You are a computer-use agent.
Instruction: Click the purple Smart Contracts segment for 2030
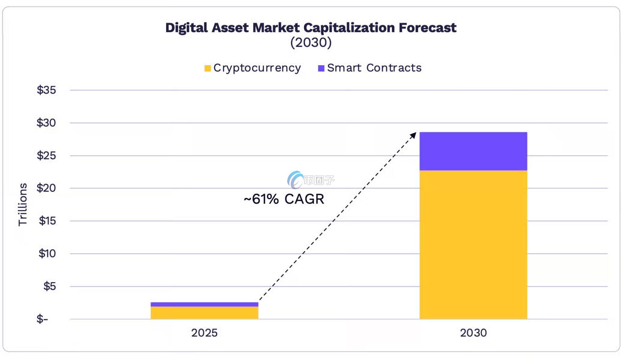[x=473, y=151]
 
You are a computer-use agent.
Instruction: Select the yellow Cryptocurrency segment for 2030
[x=473, y=245]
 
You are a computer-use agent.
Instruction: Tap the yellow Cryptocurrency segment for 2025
[x=204, y=313]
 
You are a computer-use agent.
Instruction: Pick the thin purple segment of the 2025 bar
[x=204, y=304]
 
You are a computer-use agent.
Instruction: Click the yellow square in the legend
[x=208, y=68]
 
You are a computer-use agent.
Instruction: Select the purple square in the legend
[x=321, y=68]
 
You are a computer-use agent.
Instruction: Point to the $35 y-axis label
[x=46, y=90]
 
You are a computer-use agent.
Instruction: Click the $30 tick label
[x=46, y=123]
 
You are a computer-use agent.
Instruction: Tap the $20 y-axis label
[x=46, y=188]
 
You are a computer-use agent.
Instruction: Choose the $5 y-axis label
[x=49, y=286]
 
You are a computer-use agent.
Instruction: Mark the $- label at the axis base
[x=42, y=319]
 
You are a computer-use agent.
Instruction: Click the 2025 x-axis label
[x=204, y=333]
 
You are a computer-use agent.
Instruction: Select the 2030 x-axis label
[x=473, y=333]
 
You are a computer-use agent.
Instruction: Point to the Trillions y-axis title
[x=22, y=205]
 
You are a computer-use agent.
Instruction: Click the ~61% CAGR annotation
[x=284, y=199]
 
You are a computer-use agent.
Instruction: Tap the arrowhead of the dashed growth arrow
[x=413, y=135]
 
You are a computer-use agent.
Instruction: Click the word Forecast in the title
[x=427, y=28]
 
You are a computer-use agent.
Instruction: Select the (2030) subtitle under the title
[x=311, y=43]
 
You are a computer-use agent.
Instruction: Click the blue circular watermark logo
[x=295, y=180]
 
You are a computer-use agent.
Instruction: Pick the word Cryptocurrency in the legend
[x=257, y=68]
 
